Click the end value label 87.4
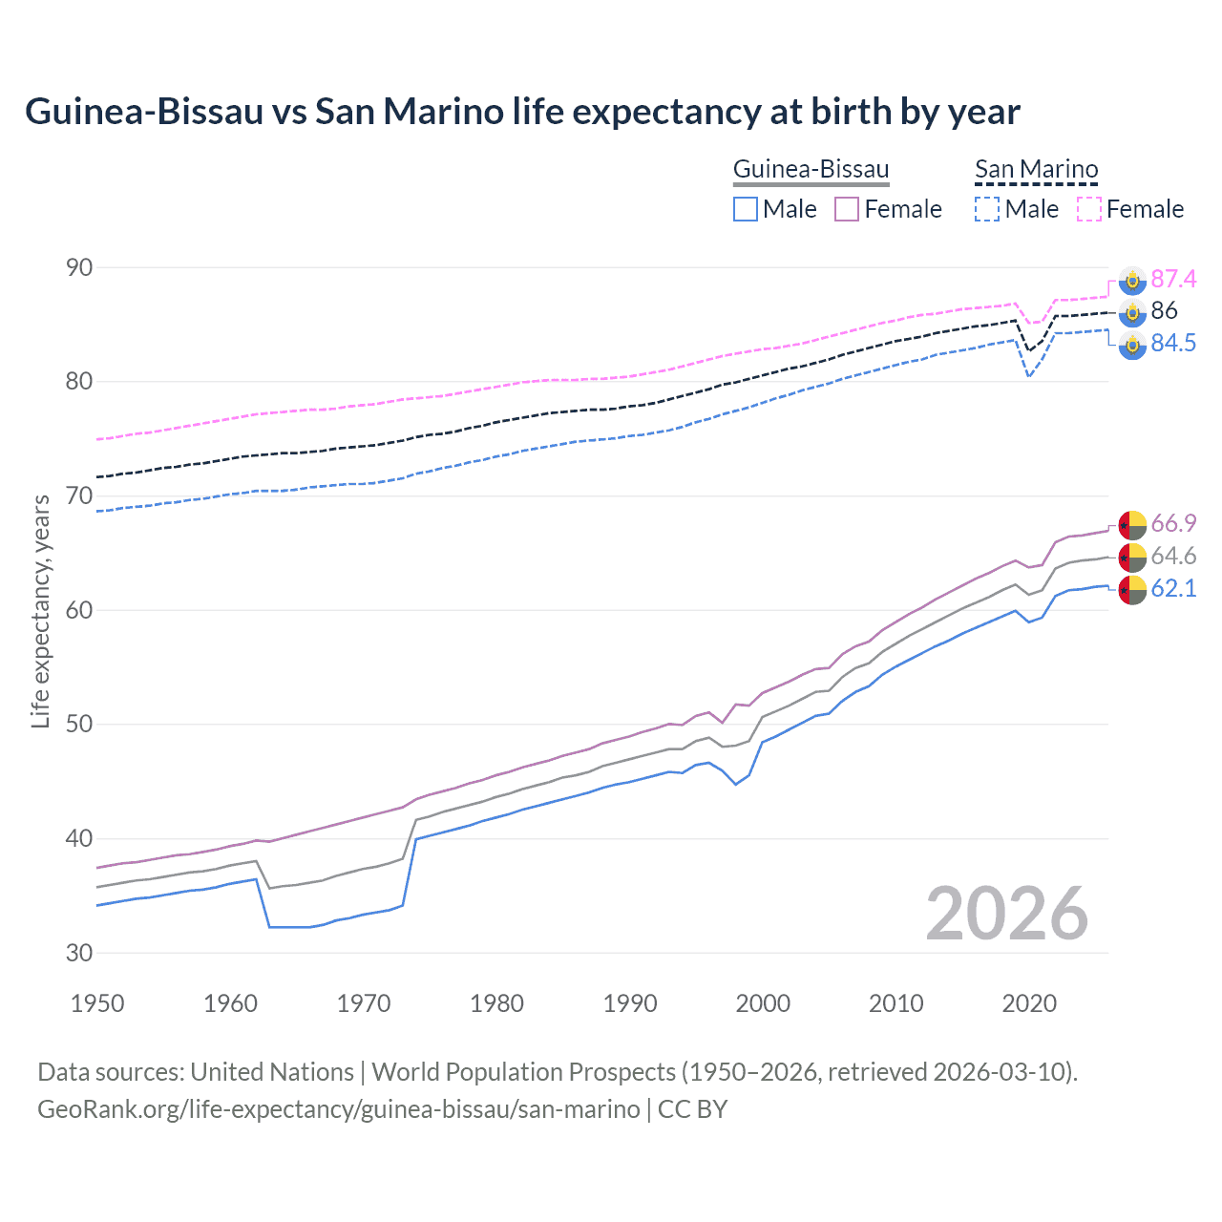click(1173, 279)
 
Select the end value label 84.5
click(1173, 344)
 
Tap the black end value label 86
click(1164, 311)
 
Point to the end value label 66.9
click(1173, 524)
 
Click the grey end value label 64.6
click(1173, 557)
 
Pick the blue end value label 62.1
click(1173, 589)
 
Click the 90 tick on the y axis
click(79, 267)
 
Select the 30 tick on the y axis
click(79, 953)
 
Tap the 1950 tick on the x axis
click(97, 1003)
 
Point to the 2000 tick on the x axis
click(763, 1003)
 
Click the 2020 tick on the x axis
click(1029, 1003)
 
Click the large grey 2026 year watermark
click(1006, 915)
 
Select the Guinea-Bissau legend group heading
click(811, 170)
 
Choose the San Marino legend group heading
click(1036, 170)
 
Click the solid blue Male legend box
click(746, 209)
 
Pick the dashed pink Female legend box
click(1089, 209)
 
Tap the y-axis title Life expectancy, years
click(41, 611)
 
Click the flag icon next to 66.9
click(1132, 524)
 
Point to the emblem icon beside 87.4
click(1132, 280)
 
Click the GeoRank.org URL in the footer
click(338, 1109)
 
